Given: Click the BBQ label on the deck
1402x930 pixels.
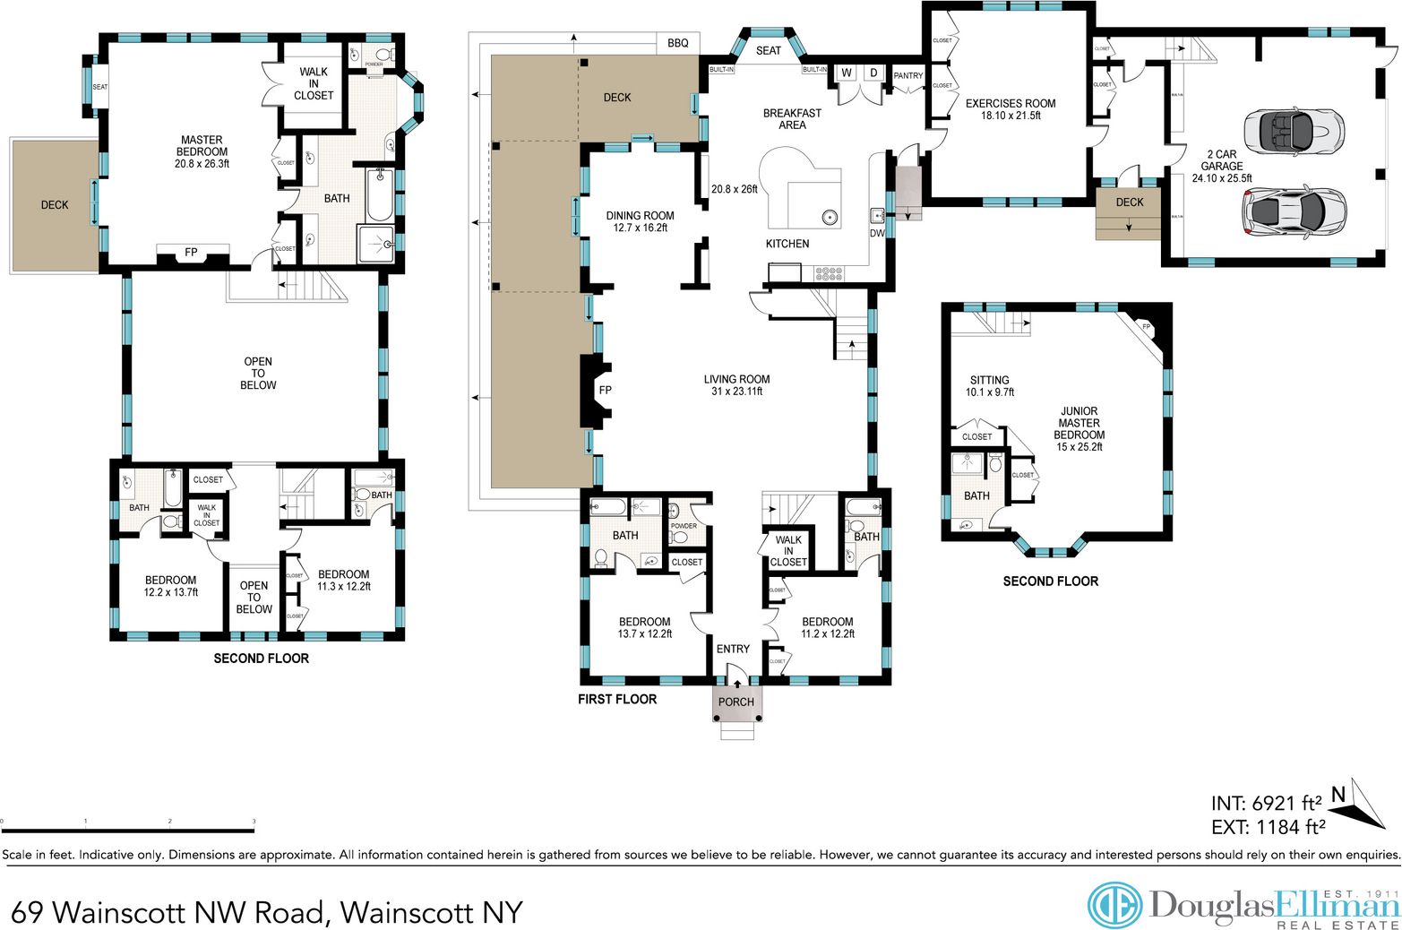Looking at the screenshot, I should click(x=677, y=43).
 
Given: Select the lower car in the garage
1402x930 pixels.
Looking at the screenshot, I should click(x=1293, y=211).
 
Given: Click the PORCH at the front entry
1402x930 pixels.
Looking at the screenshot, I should click(x=736, y=702).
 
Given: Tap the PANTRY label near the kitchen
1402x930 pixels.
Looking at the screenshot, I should click(x=907, y=76).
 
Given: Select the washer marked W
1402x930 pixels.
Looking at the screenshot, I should click(x=846, y=73).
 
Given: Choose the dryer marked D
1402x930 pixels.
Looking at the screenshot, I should click(x=873, y=73).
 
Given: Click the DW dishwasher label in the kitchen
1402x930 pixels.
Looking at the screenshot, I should click(x=876, y=233).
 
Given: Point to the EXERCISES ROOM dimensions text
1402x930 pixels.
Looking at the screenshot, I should click(x=1011, y=116).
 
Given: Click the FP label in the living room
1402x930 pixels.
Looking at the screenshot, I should click(x=605, y=391).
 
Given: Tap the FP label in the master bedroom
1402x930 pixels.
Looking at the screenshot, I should click(x=191, y=253).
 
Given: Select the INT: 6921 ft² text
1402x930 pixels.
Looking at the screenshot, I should click(x=1267, y=803).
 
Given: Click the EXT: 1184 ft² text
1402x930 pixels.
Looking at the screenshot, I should click(x=1267, y=827).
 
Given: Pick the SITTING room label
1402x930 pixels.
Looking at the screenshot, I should click(x=989, y=380).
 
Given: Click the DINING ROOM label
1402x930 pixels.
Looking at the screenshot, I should click(x=640, y=216).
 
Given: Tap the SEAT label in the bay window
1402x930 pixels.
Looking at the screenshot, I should click(x=768, y=51).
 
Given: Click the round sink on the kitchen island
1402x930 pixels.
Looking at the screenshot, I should click(x=830, y=216).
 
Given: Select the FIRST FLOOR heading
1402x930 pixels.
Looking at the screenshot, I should click(x=616, y=699).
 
